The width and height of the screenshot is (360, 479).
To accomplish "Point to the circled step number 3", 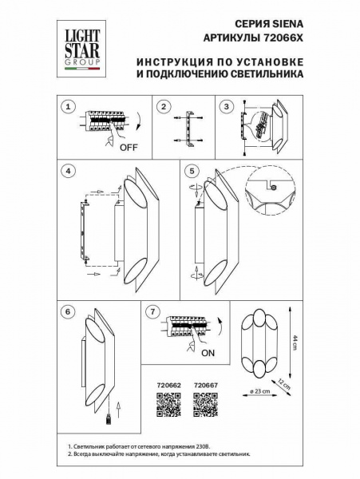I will [227, 106].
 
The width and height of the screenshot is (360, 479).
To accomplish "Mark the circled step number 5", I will [191, 170].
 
